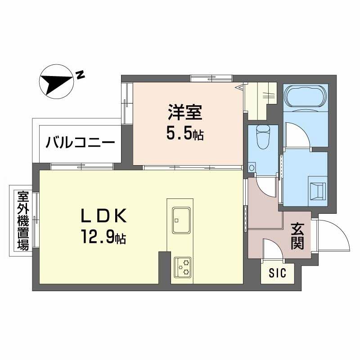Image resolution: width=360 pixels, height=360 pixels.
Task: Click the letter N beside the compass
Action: [x=80, y=75]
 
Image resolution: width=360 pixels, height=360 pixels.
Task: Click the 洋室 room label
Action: [x=185, y=112]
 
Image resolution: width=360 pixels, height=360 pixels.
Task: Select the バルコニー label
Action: [x=81, y=143]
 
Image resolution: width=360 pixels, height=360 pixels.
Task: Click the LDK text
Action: [x=104, y=216]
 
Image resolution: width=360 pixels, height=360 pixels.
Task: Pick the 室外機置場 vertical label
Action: [x=23, y=220]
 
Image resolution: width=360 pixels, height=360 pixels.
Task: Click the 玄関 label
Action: [x=297, y=236]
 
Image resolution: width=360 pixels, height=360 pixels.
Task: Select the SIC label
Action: [x=277, y=273]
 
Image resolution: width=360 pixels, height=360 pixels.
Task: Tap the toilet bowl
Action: [x=263, y=137]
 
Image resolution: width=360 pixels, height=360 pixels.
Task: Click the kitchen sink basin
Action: [x=181, y=220]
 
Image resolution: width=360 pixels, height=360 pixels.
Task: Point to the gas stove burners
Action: [x=183, y=267]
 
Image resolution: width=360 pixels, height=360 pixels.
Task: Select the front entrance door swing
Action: [x=333, y=235]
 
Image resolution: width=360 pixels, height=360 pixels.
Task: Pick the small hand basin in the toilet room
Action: [x=252, y=167]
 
